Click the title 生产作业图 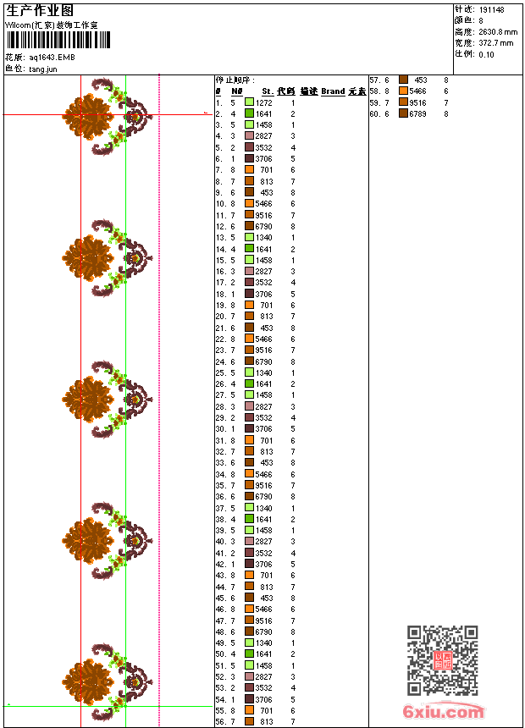pyautogui.click(x=40, y=9)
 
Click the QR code pyautogui.click(x=442, y=659)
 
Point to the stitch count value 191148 pyautogui.click(x=491, y=9)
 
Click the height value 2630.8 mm pyautogui.click(x=496, y=31)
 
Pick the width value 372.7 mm pyautogui.click(x=495, y=42)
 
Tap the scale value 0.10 pyautogui.click(x=486, y=53)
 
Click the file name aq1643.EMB pyautogui.click(x=52, y=57)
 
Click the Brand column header pyautogui.click(x=333, y=91)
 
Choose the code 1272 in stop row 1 pyautogui.click(x=264, y=102)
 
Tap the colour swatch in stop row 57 pyautogui.click(x=403, y=80)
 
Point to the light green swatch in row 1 pyautogui.click(x=249, y=102)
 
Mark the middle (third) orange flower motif pyautogui.click(x=87, y=399)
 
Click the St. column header pyautogui.click(x=268, y=91)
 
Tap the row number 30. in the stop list pyautogui.click(x=220, y=429)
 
